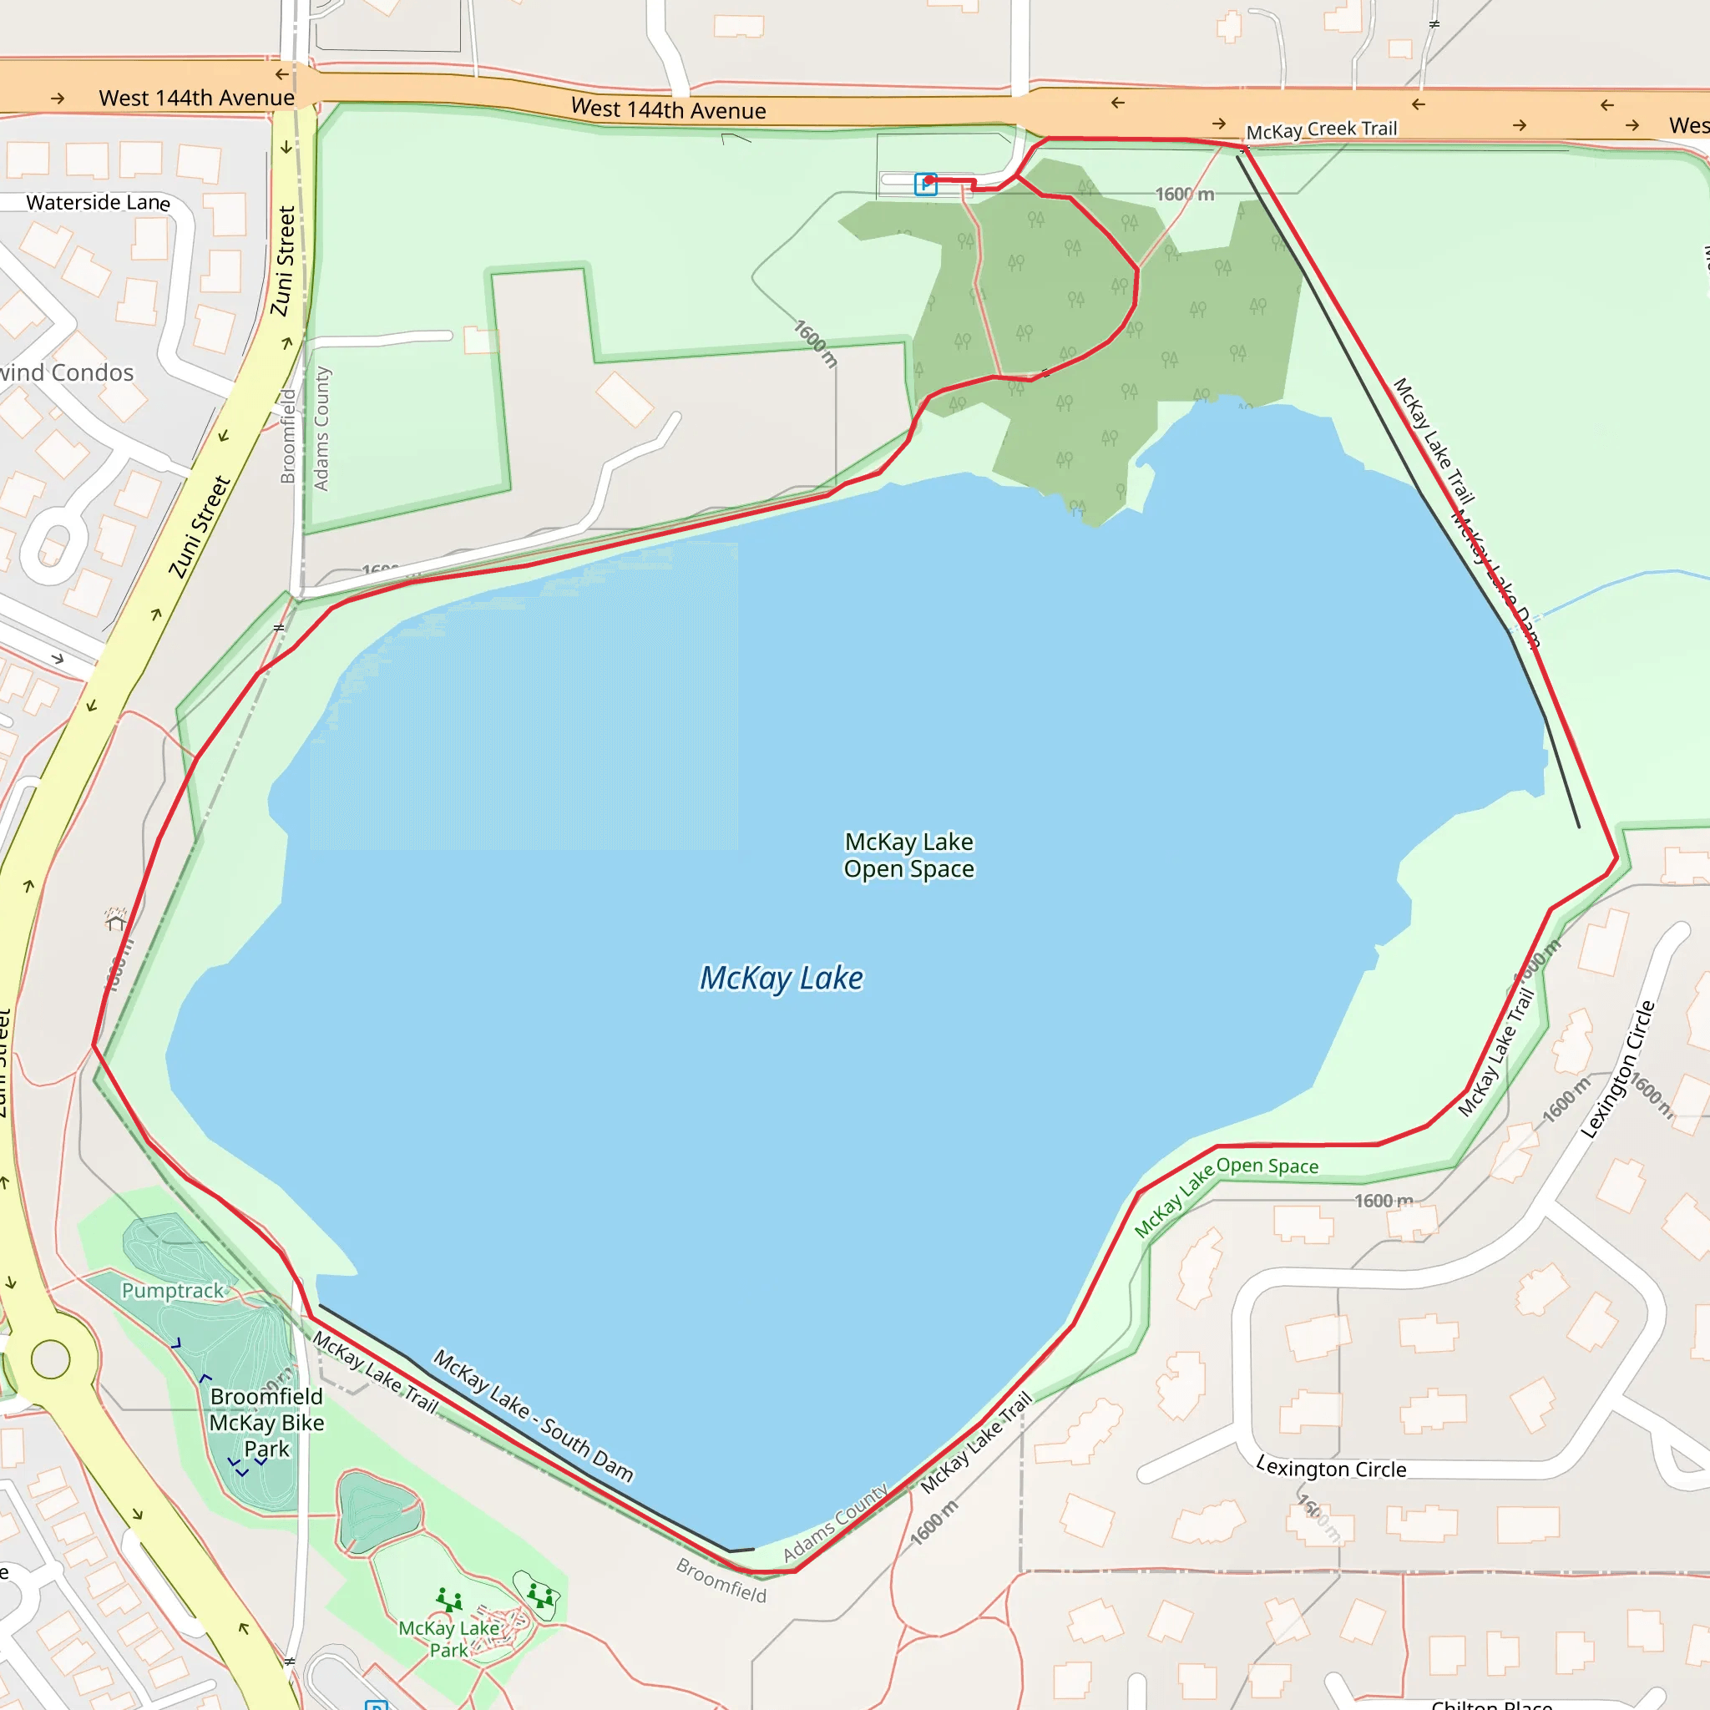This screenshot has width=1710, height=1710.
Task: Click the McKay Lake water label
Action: tap(781, 978)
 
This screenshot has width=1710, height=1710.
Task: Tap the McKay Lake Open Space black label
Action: tap(909, 855)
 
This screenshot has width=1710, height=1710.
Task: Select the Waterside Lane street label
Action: tap(98, 203)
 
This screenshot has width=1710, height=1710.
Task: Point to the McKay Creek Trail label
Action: tap(1321, 130)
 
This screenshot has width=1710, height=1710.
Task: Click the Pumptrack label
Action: tap(173, 1291)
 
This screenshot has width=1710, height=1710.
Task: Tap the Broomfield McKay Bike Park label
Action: tap(266, 1422)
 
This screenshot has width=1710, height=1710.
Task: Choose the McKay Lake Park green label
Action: tap(448, 1639)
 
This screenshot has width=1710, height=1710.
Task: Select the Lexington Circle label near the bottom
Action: tap(1330, 1469)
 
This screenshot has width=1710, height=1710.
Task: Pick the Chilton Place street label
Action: tap(1491, 1703)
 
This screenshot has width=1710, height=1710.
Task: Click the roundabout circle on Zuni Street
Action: tap(50, 1359)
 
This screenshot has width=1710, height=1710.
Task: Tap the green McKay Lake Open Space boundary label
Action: tap(1226, 1194)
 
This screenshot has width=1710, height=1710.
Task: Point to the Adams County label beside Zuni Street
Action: tap(321, 428)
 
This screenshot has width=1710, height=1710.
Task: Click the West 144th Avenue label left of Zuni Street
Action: tap(196, 98)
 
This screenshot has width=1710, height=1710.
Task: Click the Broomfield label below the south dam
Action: tap(721, 1580)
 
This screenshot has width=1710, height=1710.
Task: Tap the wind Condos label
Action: tap(67, 372)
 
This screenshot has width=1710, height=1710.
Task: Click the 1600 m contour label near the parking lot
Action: tap(1184, 194)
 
